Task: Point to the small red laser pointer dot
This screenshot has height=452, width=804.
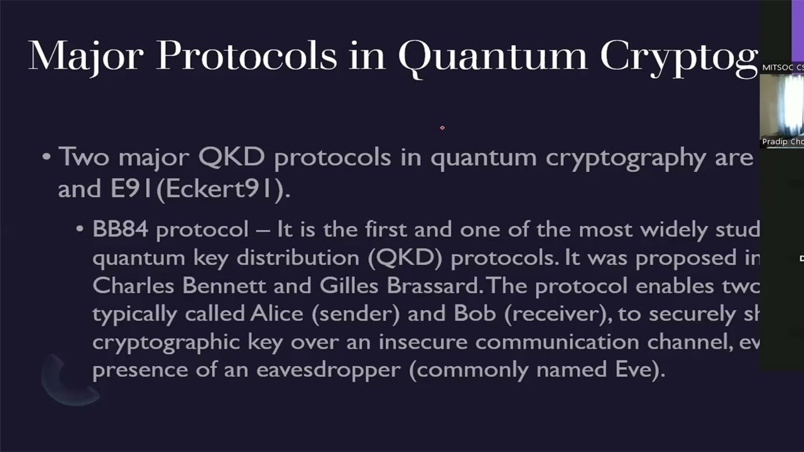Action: pos(442,127)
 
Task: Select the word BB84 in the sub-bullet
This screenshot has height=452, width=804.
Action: pos(120,229)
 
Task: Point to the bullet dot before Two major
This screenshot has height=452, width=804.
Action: pos(46,156)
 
